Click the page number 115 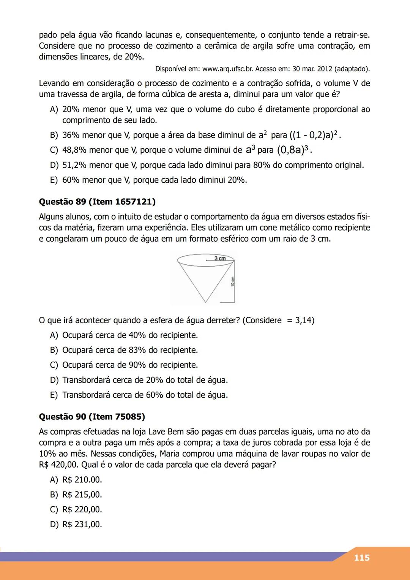click(361, 558)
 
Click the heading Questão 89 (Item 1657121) click(97, 202)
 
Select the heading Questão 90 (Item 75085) click(92, 417)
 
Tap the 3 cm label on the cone click(220, 258)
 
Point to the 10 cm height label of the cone click(232, 281)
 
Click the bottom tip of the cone click(205, 302)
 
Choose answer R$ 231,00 click(82, 525)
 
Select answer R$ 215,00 click(82, 495)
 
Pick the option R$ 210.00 click(82, 480)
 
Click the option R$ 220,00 click(82, 510)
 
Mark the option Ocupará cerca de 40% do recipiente click(130, 335)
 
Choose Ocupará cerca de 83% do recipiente click(130, 350)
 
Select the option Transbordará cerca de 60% click(145, 395)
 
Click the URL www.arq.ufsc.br click(228, 69)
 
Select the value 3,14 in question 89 click(304, 321)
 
